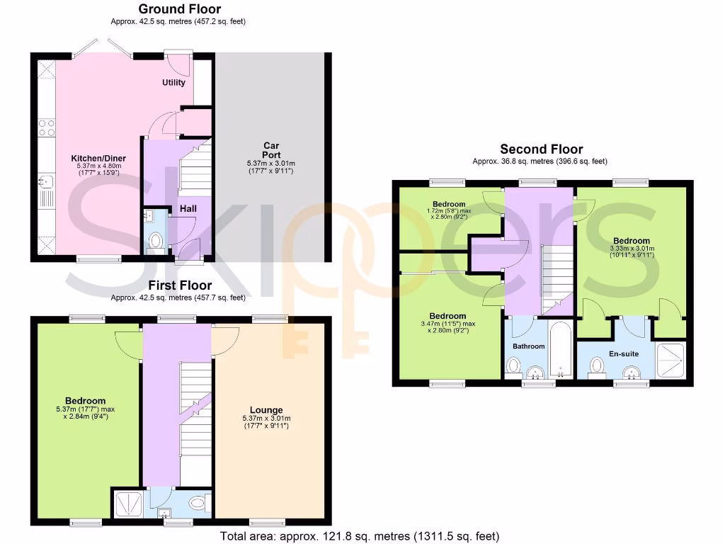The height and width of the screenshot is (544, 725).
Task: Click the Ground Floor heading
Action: [x=179, y=9]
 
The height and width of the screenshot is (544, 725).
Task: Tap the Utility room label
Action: [x=173, y=82]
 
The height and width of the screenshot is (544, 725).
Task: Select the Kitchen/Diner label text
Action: [x=89, y=158]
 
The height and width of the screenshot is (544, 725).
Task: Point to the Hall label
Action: [x=188, y=209]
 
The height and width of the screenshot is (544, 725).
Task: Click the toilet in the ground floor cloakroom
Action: [x=156, y=242]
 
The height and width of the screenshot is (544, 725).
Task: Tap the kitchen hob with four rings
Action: [x=47, y=127]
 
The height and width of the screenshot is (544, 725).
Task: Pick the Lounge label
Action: [x=266, y=409]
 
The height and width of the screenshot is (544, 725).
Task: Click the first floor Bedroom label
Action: [x=85, y=400]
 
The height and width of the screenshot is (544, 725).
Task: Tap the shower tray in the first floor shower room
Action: [x=127, y=505]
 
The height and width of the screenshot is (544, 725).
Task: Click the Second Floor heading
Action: [x=541, y=149]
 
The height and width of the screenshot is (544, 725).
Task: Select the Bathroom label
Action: [x=529, y=346]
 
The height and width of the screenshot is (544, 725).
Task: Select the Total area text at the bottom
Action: [x=360, y=535]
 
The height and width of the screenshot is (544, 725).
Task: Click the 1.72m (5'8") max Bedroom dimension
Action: [x=450, y=211]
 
